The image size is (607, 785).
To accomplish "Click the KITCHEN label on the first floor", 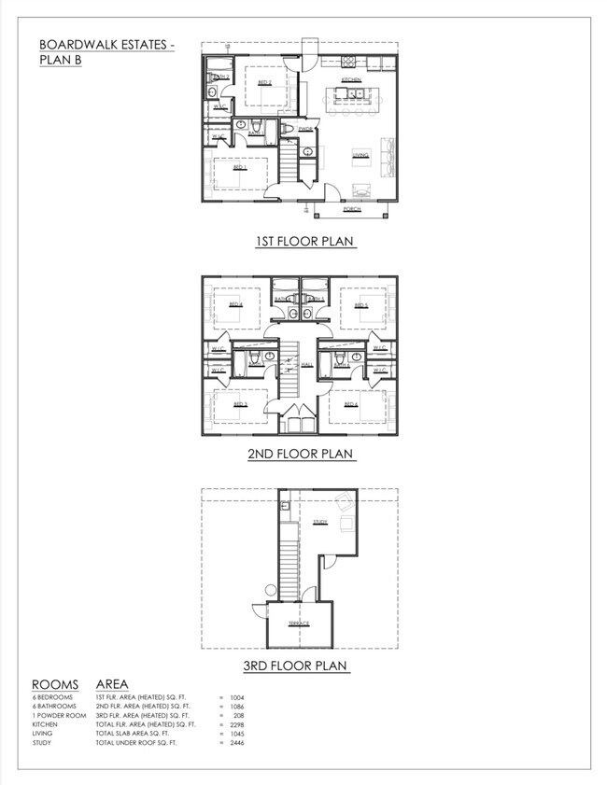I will tap(351, 81).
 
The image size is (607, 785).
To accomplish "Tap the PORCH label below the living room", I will tap(351, 209).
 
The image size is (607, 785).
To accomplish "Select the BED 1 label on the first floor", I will tap(239, 168).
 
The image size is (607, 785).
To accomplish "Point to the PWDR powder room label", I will tap(305, 129).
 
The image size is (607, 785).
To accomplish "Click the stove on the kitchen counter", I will tap(348, 63).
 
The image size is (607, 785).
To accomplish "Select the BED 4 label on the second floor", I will tap(237, 304).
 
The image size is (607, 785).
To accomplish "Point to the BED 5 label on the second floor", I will tap(360, 304).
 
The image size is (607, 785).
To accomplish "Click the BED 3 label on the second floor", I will tap(239, 403).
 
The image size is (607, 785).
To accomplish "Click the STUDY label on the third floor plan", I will tap(320, 523).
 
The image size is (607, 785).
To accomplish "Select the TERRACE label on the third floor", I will tap(299, 623).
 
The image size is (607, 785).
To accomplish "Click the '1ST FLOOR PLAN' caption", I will tap(304, 242).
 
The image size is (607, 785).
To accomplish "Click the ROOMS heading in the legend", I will tap(55, 684).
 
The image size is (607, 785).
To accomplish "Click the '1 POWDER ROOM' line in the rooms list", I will tap(57, 714).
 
